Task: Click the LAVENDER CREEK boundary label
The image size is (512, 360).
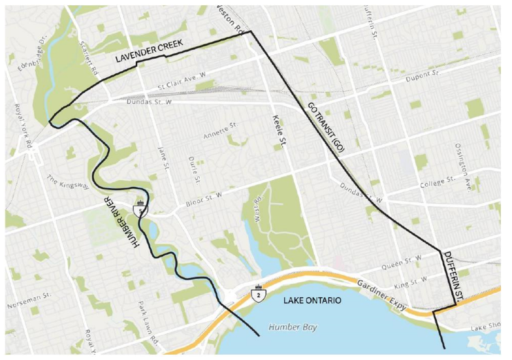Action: click(157, 50)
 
